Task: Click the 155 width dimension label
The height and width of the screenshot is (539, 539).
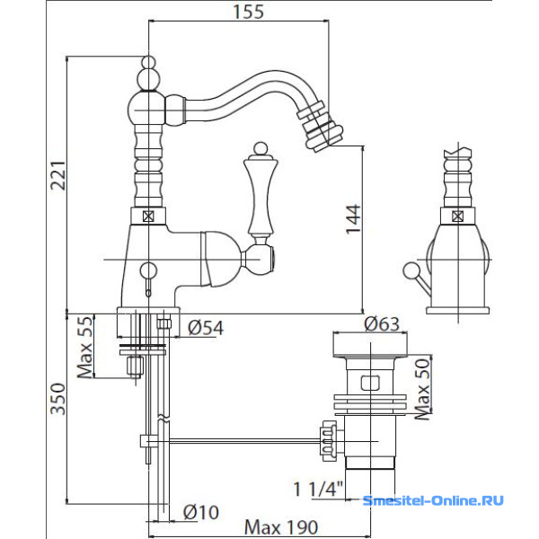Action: tap(249, 12)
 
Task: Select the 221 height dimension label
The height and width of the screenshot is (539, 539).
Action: tap(57, 175)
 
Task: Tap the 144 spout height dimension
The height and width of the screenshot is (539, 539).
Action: tap(353, 219)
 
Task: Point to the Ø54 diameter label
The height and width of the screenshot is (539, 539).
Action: tap(206, 328)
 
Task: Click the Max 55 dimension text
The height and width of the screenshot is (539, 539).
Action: tap(85, 347)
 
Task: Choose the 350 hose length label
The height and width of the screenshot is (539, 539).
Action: tap(57, 399)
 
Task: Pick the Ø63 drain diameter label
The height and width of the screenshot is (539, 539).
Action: tap(382, 323)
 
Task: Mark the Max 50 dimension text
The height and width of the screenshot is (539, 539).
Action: tap(423, 389)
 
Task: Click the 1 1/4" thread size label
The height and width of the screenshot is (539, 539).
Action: tap(318, 489)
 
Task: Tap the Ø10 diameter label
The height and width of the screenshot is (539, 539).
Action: tap(200, 513)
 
